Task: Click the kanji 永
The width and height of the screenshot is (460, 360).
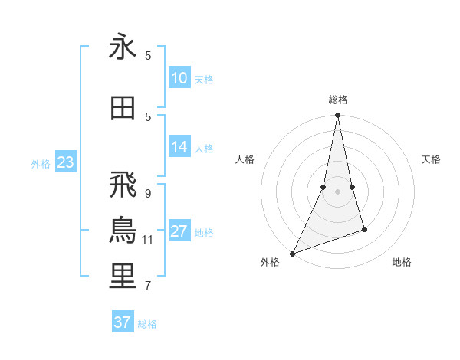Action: click(123, 48)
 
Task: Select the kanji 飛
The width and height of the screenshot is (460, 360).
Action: click(123, 185)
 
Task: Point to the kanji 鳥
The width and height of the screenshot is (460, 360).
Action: click(123, 231)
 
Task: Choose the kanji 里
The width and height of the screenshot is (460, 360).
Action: click(123, 277)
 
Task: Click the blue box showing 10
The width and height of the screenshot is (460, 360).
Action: click(179, 78)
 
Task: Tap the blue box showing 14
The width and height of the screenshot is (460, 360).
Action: click(179, 147)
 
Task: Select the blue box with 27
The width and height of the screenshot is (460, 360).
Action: click(179, 231)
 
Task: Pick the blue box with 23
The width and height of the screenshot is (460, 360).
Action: click(65, 162)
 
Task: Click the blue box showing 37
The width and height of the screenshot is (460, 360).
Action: click(123, 322)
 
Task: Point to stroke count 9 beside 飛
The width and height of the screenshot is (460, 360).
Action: click(148, 193)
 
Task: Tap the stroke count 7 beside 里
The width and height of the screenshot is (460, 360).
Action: click(148, 286)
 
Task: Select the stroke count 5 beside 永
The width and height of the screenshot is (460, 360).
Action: click(148, 56)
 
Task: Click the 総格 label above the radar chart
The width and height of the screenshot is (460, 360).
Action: click(337, 100)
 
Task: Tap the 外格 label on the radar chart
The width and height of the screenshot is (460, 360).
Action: click(271, 263)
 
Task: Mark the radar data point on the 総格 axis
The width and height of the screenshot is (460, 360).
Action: click(337, 116)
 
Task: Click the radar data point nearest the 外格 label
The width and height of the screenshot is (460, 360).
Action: click(292, 253)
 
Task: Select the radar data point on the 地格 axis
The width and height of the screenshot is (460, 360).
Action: click(364, 229)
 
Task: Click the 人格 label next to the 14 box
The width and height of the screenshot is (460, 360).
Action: click(204, 149)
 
